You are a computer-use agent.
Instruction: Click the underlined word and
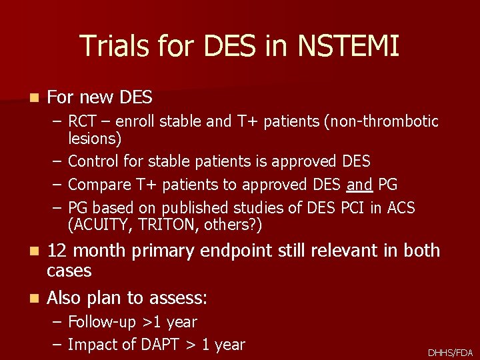tap(359, 185)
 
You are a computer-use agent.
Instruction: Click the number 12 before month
tap(57, 251)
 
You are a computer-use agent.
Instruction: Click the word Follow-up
tap(103, 322)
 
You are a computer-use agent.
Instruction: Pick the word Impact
tap(93, 345)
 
